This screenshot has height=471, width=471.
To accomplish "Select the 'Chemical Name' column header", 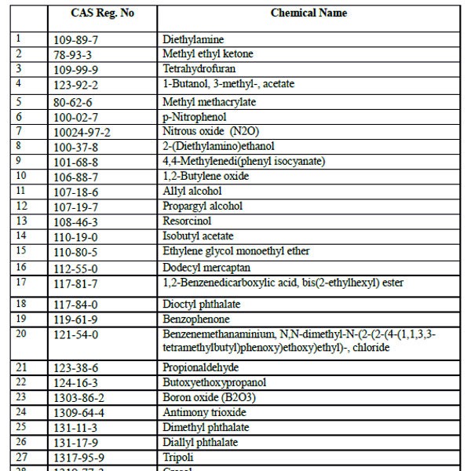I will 309,13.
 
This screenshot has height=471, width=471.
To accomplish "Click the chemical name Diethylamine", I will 193,39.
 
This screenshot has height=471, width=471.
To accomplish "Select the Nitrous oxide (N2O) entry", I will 206,132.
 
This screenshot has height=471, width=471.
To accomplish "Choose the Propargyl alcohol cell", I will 203,206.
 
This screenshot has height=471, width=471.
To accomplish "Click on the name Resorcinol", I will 188,221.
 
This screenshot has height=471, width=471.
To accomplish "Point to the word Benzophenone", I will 196,319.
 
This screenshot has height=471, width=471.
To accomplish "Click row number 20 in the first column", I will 21,334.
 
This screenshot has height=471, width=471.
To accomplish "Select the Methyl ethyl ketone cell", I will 208,54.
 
